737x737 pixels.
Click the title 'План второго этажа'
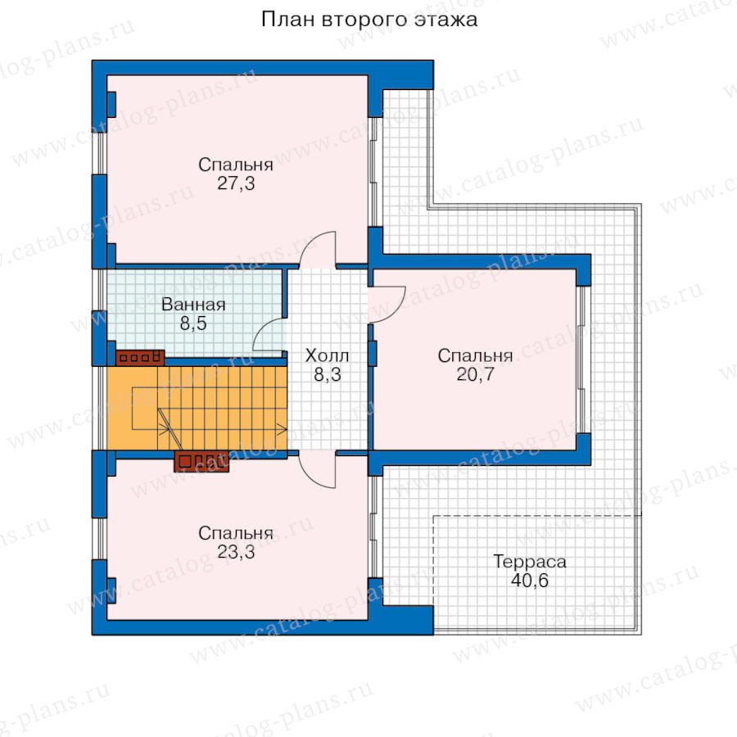pyautogui.click(x=369, y=20)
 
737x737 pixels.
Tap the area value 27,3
pyautogui.click(x=236, y=183)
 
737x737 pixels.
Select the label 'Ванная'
pyautogui.click(x=193, y=305)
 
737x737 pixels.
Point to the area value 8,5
pyautogui.click(x=193, y=323)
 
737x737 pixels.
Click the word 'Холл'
pyautogui.click(x=327, y=356)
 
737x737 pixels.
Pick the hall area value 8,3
pyautogui.click(x=327, y=374)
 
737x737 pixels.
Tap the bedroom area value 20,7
pyautogui.click(x=475, y=374)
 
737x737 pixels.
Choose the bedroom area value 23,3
pyautogui.click(x=236, y=552)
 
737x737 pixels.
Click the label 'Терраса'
pyautogui.click(x=530, y=562)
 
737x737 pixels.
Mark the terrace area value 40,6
pyautogui.click(x=530, y=581)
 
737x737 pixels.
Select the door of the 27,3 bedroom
pyautogui.click(x=319, y=248)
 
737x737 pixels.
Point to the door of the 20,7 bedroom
pyautogui.click(x=387, y=305)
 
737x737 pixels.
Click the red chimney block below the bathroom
pyautogui.click(x=140, y=358)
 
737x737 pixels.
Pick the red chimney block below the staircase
pyautogui.click(x=201, y=461)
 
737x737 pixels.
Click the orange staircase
pyautogui.click(x=197, y=408)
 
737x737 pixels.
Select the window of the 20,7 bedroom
pyautogui.click(x=582, y=359)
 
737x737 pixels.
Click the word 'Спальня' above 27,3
pyautogui.click(x=236, y=165)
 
